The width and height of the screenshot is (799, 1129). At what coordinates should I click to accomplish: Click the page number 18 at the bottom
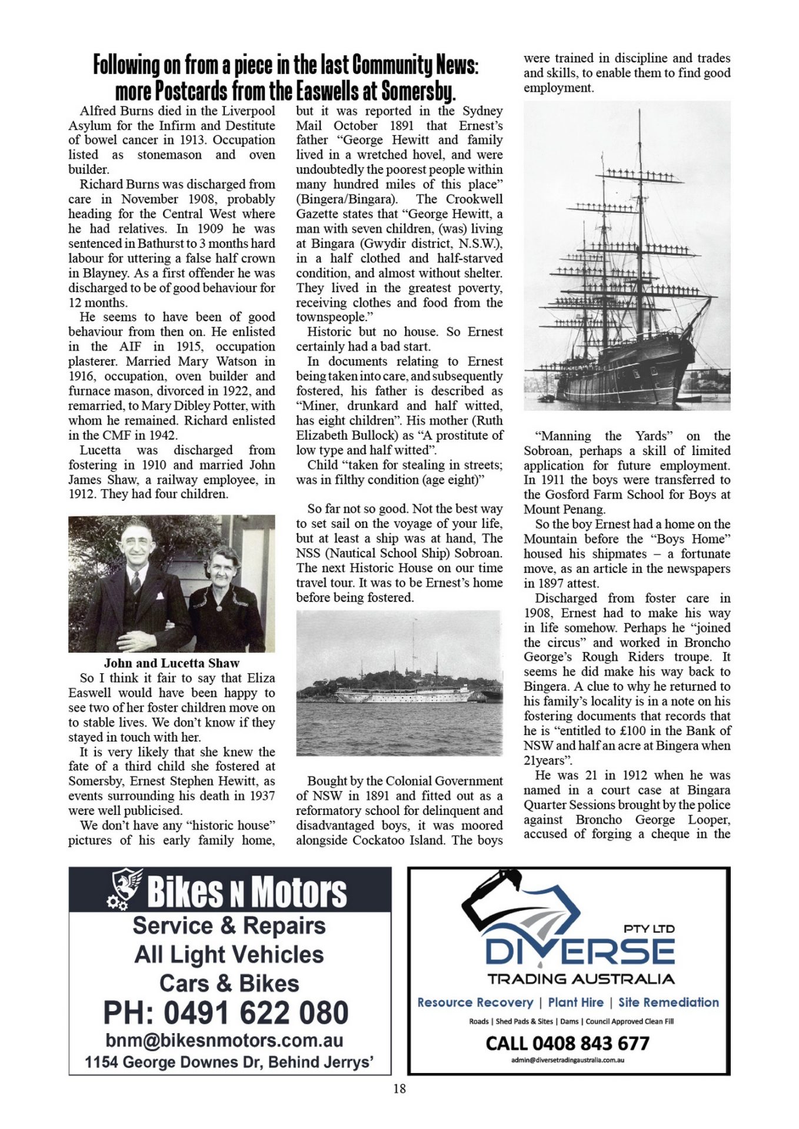[399, 1088]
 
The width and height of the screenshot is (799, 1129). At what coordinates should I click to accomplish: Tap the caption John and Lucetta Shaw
[171, 663]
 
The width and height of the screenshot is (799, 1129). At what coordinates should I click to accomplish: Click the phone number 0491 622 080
[226, 1013]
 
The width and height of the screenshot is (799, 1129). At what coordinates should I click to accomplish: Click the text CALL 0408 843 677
[567, 1043]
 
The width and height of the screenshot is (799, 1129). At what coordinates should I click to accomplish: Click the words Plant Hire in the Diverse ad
[575, 1002]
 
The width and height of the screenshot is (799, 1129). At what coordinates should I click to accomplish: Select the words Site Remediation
[668, 1002]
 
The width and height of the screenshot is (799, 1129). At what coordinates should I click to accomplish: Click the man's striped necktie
[136, 583]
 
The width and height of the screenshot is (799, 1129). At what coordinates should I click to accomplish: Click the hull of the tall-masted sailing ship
[624, 376]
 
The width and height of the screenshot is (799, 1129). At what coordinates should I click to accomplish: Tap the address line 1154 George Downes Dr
[229, 1062]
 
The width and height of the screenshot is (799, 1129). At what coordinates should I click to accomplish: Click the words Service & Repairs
[229, 926]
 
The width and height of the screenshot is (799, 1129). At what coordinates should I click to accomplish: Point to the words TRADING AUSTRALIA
[581, 978]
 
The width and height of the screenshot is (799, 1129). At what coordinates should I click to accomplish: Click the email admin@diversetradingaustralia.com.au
[568, 1060]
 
